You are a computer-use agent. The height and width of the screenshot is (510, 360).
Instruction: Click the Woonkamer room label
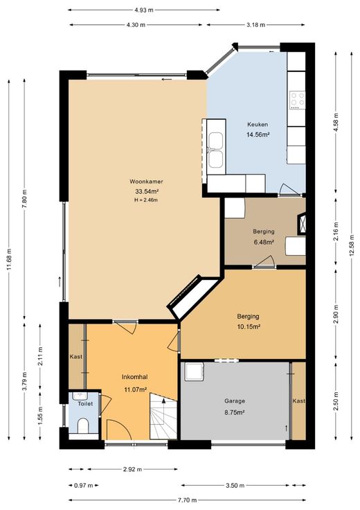146,182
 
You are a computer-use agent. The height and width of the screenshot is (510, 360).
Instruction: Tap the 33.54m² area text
147,191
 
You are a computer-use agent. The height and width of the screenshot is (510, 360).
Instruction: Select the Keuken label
258,124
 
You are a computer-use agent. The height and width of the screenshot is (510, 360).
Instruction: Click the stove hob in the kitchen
298,100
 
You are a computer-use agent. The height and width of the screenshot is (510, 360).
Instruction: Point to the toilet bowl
84,425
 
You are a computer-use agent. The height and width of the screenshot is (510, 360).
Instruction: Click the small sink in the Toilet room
79,396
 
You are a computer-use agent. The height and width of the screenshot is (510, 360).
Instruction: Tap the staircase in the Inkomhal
163,416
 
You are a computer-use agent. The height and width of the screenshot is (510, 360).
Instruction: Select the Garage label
235,401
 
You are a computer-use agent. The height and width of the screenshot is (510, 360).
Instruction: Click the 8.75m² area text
234,412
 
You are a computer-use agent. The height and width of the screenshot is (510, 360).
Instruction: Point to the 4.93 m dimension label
144,10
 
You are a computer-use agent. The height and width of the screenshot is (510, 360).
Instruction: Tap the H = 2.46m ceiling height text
146,200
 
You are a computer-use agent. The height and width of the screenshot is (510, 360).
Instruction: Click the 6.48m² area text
264,242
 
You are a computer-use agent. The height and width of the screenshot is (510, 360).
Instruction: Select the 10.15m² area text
249,326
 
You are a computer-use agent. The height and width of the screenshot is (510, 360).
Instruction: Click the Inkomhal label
135,377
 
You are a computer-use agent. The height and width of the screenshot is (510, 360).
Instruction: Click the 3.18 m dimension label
256,25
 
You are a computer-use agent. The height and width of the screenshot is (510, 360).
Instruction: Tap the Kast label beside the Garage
299,401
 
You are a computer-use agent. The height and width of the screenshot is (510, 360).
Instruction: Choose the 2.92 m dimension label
132,469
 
